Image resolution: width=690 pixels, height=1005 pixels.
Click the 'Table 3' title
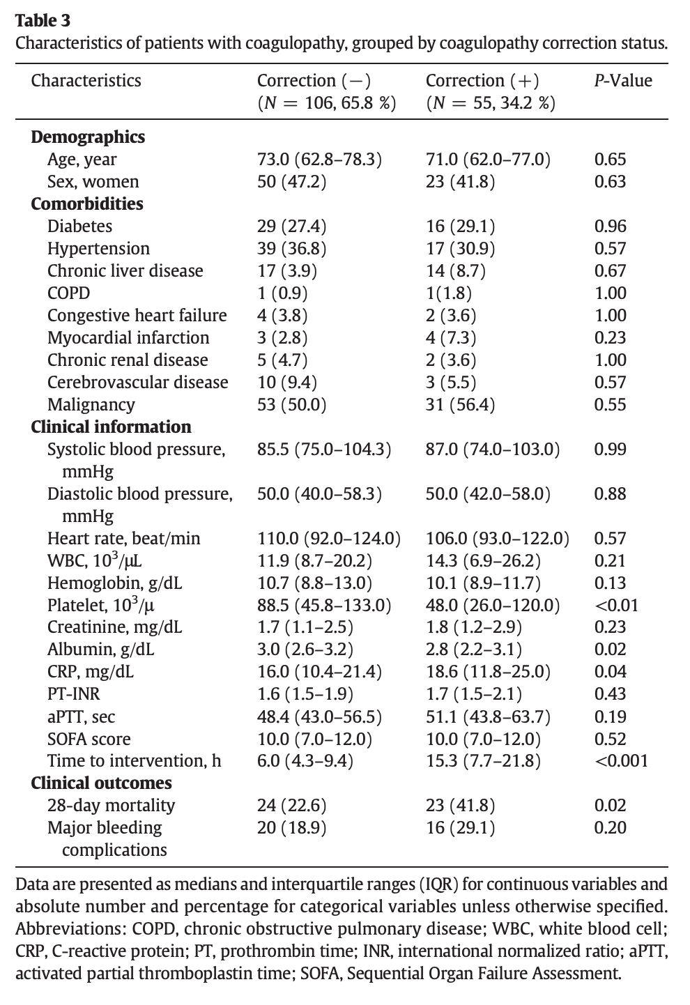pos(43,21)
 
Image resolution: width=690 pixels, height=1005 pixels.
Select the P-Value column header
pos(622,81)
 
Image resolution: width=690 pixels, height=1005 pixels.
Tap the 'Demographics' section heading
pos(88,137)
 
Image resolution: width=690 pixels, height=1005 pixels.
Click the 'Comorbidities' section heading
pos(87,204)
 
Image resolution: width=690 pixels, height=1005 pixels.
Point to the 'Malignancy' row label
pos(91,404)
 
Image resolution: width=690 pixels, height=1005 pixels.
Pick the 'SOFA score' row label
pos(89,739)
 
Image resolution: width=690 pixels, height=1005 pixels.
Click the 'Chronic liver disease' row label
pos(125,270)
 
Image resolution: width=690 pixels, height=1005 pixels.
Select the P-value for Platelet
pos(616,605)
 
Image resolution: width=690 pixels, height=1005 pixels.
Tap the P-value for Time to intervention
pos(621,761)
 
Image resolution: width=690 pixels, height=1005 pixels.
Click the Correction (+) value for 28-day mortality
pos(461,806)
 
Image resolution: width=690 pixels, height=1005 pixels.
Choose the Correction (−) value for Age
pos(319,159)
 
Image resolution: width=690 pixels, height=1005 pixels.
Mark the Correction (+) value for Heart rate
pos(497,538)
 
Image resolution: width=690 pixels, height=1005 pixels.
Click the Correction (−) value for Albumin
pos(305,650)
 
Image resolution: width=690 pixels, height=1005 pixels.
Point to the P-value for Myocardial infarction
pos(610,337)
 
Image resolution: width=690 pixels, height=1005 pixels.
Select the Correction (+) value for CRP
pos(488,672)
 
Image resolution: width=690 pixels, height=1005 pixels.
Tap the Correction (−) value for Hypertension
pos(291,248)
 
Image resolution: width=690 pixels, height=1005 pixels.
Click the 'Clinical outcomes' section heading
pos(101,783)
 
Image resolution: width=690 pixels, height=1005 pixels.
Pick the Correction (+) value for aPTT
pos(488,716)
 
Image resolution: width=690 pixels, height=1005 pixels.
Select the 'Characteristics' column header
pos(86,81)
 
